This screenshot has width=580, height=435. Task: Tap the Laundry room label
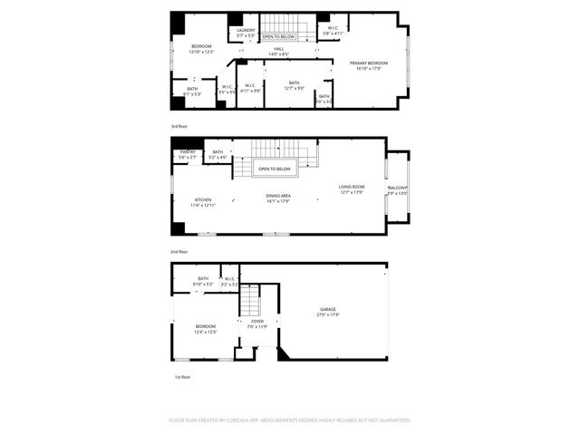[x=246, y=32]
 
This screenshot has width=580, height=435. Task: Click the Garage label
[x=327, y=310]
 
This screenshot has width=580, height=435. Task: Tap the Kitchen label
[x=202, y=201]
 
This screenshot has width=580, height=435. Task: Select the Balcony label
[x=398, y=189]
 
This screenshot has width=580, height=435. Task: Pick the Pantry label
[x=187, y=153]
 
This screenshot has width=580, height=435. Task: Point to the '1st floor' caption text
[x=182, y=376]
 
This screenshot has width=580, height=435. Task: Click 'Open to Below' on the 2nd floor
[x=275, y=169]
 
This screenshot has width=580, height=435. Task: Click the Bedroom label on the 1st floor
[x=206, y=328]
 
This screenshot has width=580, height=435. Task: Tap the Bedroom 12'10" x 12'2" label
[x=201, y=48]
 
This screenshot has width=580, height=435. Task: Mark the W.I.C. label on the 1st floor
[x=229, y=280]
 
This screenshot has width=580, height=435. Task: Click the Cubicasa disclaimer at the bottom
[x=290, y=420]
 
